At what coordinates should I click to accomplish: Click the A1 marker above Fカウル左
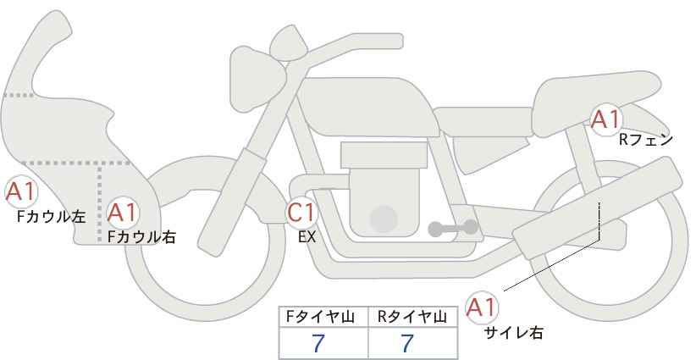tap(21, 191)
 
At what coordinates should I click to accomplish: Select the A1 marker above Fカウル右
tap(123, 213)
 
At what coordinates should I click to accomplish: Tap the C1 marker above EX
tap(301, 212)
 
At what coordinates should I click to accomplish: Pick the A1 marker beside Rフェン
tap(605, 119)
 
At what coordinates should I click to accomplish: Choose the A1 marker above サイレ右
tap(482, 307)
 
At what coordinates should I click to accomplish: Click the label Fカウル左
tap(51, 217)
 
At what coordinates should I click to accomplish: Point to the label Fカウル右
tap(141, 236)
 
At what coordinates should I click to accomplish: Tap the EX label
tap(307, 237)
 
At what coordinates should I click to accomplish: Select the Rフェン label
tap(646, 140)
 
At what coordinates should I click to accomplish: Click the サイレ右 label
tap(514, 333)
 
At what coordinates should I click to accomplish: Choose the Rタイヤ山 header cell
tap(413, 317)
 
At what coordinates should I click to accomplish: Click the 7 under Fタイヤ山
tap(318, 343)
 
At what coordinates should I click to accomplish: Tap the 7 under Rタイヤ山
tap(407, 343)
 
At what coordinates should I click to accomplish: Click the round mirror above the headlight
tap(289, 43)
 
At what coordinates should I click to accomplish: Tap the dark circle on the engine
tap(384, 219)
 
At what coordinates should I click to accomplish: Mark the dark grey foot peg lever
tap(453, 228)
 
